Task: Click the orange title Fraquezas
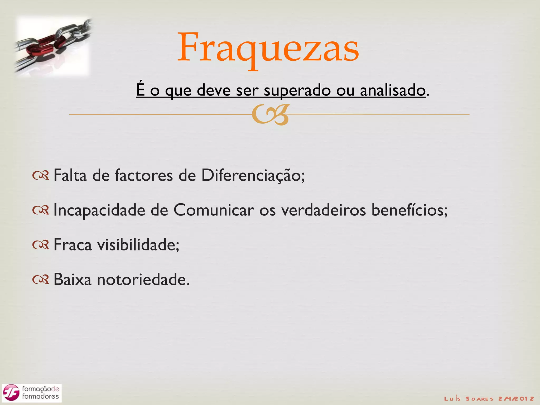coord(268,47)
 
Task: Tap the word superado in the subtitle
coord(297,90)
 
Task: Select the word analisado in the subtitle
coord(393,90)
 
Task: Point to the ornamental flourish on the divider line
coord(270,114)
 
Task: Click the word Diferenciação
coord(253,175)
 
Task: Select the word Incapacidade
coord(99,210)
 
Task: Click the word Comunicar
coord(214,210)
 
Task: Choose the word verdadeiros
coord(323,210)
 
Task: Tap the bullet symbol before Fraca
coord(41,245)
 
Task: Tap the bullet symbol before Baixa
coord(41,280)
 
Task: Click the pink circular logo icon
coord(11,393)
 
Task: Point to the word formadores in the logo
coord(40,397)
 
